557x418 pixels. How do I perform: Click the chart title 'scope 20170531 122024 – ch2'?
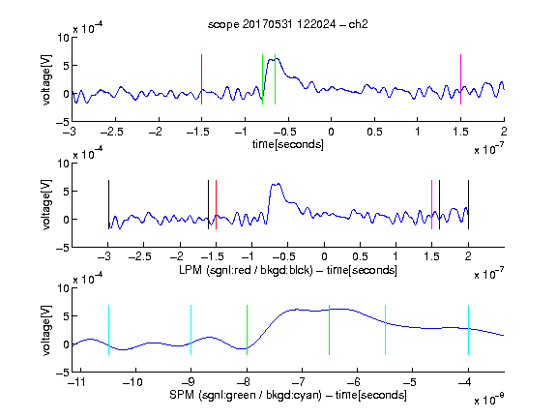click(288, 24)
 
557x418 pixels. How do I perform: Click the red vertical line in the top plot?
click(202, 79)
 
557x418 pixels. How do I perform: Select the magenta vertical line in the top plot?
click(460, 79)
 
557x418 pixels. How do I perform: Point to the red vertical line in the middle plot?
click(216, 205)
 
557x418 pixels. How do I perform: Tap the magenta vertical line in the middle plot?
click(431, 205)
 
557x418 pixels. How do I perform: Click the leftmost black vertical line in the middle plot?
click(108, 205)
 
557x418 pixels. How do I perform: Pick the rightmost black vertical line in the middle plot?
click(468, 205)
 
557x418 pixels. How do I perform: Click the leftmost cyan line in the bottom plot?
click(108, 330)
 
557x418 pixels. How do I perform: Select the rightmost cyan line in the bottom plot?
click(468, 330)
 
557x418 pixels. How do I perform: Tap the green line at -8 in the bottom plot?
click(247, 330)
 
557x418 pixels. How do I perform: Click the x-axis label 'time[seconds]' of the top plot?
click(288, 144)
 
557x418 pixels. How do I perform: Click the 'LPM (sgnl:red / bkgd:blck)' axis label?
click(246, 270)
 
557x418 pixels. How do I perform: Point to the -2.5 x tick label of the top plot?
click(111, 132)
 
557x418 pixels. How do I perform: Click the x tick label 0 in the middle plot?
click(324, 256)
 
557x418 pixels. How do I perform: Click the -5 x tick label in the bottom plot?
click(410, 382)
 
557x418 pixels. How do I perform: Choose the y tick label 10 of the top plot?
click(64, 38)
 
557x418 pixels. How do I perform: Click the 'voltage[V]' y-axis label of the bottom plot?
click(46, 330)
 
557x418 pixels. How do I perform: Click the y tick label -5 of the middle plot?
click(63, 248)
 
